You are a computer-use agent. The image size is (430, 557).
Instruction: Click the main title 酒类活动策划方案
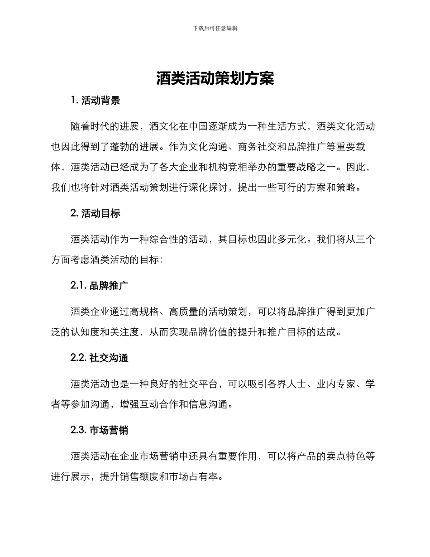tap(215, 79)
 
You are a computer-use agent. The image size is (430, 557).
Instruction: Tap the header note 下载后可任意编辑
tap(215, 28)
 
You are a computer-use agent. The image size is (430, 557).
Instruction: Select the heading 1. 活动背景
tap(96, 101)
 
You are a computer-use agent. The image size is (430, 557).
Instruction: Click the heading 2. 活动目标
tap(96, 213)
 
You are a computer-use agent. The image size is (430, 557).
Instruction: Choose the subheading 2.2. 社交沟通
tap(100, 358)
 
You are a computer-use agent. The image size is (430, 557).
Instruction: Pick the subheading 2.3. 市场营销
tap(100, 430)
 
